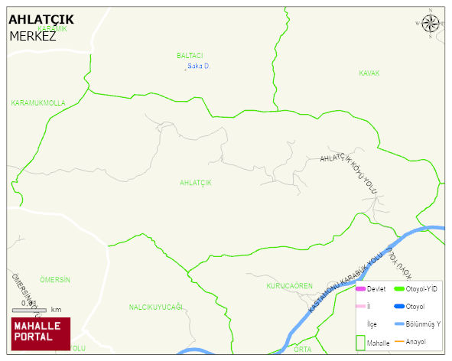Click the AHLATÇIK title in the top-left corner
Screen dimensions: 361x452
point(41,21)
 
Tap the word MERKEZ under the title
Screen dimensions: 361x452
point(33,35)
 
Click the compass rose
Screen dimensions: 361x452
point(431,24)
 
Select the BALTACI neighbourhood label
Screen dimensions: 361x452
point(190,56)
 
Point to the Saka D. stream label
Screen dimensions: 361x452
point(199,67)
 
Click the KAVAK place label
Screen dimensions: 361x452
point(369,73)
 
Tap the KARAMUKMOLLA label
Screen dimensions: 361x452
point(38,102)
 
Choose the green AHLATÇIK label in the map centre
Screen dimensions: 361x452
point(195,183)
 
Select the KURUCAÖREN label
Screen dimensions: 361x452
point(289,286)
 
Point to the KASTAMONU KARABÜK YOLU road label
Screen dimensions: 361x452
point(345,283)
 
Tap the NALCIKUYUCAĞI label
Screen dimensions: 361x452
point(156,307)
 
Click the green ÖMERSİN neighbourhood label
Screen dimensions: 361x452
point(55,280)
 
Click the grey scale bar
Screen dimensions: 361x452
point(30,310)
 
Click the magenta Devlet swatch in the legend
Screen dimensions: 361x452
point(360,289)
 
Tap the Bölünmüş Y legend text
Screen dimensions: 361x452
point(423,324)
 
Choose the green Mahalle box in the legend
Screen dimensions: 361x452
point(360,342)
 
